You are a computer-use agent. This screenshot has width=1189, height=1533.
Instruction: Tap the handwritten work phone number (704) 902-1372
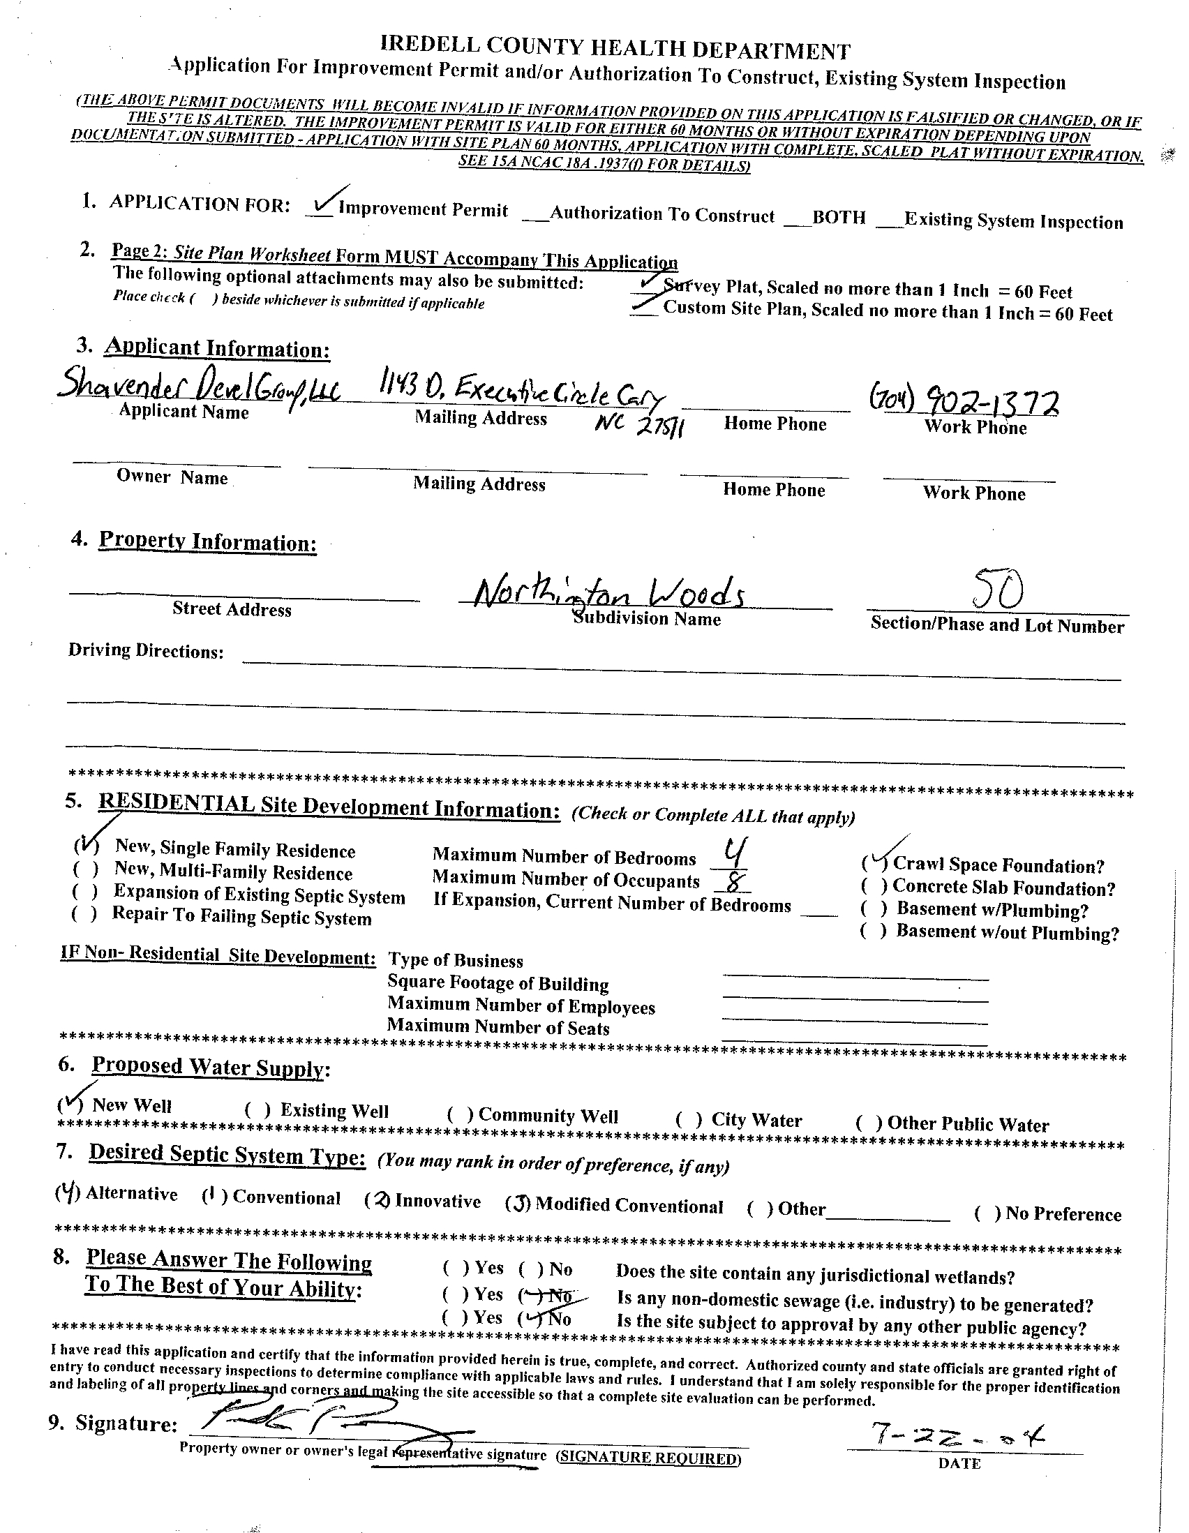click(964, 402)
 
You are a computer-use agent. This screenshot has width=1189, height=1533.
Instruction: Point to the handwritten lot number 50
click(998, 590)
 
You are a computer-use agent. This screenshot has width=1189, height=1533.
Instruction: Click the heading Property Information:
click(207, 541)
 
